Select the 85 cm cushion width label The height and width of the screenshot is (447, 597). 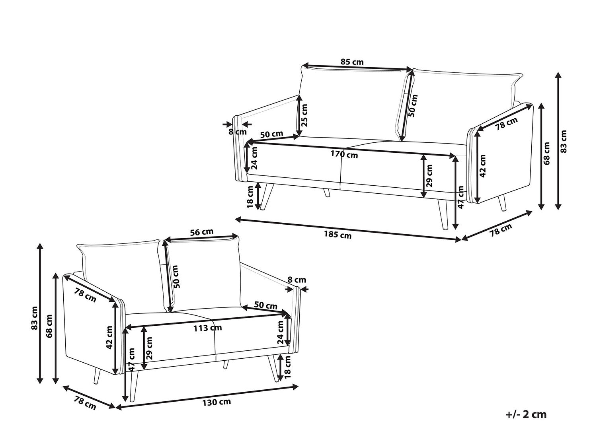(x=352, y=62)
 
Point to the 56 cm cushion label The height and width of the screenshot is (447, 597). (x=201, y=232)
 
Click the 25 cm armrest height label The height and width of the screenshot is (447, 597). (x=305, y=115)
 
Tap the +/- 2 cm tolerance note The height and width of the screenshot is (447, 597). (x=526, y=414)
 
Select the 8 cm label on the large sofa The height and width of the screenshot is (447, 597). (x=238, y=132)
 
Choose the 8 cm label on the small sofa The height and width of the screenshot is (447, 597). (x=297, y=280)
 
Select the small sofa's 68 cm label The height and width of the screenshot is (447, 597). (x=49, y=326)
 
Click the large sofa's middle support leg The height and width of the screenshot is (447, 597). (x=327, y=193)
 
